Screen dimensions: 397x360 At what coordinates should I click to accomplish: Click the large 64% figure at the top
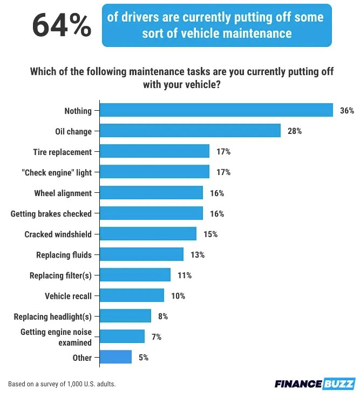pyautogui.click(x=62, y=26)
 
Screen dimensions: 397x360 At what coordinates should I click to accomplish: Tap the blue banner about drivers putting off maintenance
pyautogui.click(x=216, y=25)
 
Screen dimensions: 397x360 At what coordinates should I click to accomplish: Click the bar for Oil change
pyautogui.click(x=190, y=131)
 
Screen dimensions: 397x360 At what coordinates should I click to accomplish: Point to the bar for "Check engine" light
pyautogui.click(x=154, y=172)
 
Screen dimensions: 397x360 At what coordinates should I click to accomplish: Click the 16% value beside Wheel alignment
pyautogui.click(x=217, y=193)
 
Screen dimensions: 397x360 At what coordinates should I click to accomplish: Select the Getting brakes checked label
pyautogui.click(x=51, y=214)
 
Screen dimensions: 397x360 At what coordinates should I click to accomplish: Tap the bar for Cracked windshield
pyautogui.click(x=148, y=234)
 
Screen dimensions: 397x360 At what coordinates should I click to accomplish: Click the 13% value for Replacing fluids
pyautogui.click(x=198, y=254)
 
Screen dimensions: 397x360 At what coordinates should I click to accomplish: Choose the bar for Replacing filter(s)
pyautogui.click(x=135, y=275)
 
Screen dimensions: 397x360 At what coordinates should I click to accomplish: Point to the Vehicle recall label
pyautogui.click(x=68, y=296)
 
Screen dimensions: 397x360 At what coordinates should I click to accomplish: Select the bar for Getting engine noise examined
pyautogui.click(x=122, y=337)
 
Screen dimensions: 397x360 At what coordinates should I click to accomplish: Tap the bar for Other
pyautogui.click(x=116, y=357)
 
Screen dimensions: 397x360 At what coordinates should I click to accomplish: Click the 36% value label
pyautogui.click(x=347, y=111)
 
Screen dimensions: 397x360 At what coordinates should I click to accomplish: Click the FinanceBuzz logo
pyautogui.click(x=315, y=383)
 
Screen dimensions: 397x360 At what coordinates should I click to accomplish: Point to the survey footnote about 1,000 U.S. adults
pyautogui.click(x=62, y=384)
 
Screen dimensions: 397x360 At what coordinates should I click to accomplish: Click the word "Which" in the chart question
pyautogui.click(x=43, y=72)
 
